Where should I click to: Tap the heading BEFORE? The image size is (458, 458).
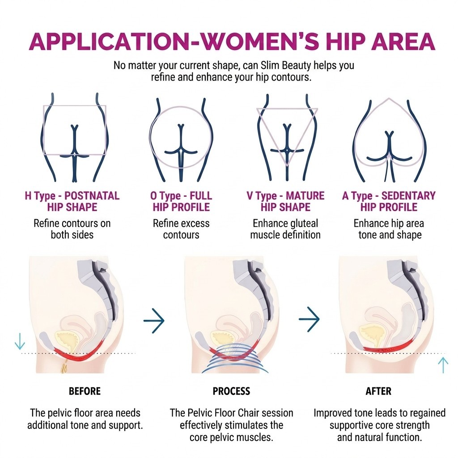[85, 391]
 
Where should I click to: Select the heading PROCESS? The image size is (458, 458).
[231, 391]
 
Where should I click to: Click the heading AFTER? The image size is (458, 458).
[378, 391]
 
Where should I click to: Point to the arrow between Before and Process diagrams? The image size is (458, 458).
[154, 320]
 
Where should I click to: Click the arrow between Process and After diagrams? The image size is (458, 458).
[309, 319]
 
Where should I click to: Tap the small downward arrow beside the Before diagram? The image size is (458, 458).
[20, 341]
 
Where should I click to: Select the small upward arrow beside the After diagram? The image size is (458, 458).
[443, 365]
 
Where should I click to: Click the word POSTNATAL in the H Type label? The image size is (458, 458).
[92, 196]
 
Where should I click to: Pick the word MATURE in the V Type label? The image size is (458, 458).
[305, 196]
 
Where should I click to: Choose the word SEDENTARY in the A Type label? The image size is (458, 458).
[408, 196]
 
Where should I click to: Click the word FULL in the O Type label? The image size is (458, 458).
[201, 196]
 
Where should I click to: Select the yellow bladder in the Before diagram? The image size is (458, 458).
[68, 339]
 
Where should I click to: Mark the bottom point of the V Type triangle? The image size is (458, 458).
[287, 165]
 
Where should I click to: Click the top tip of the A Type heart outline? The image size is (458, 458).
[389, 98]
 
